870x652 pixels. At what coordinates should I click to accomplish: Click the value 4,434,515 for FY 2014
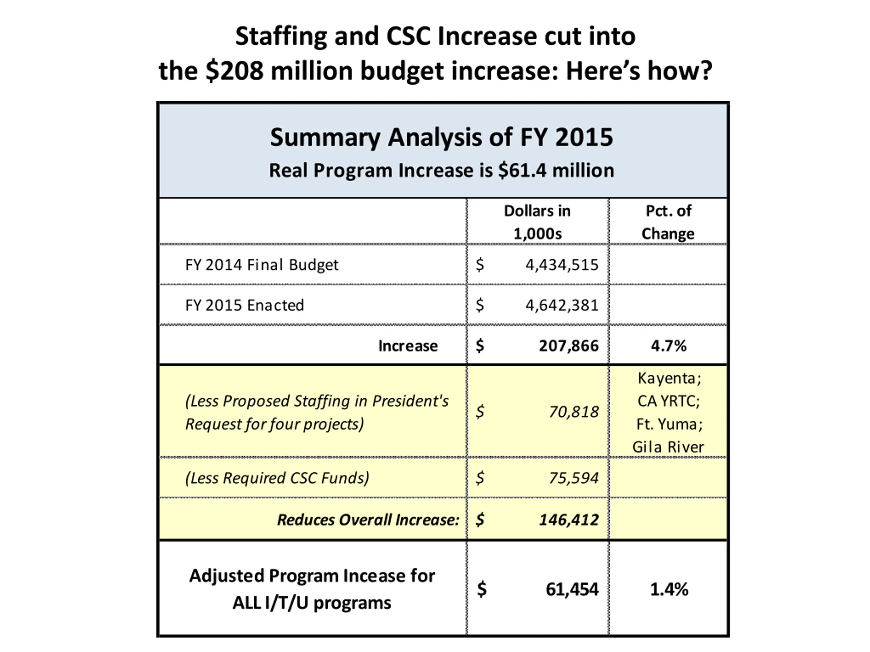pos(562,265)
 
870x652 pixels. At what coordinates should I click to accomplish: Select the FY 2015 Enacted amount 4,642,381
pos(562,305)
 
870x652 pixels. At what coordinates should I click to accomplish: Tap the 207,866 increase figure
pos(568,346)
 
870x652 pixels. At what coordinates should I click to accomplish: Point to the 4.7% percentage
pos(668,346)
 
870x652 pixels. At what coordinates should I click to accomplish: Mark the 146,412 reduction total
pos(568,520)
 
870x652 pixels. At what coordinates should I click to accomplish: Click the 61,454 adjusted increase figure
pos(572,589)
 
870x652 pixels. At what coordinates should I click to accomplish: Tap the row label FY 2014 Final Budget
pos(262,265)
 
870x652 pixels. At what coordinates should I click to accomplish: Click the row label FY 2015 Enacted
pos(244,305)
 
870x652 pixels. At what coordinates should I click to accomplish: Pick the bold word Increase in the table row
pos(408,346)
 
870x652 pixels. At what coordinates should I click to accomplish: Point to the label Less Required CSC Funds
pos(277,478)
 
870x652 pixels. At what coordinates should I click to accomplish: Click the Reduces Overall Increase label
pos(368,520)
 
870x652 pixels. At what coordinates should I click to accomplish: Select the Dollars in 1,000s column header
pos(537,222)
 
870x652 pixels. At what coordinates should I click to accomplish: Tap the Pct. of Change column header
pos(668,222)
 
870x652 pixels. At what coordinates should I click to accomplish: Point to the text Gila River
pos(668,447)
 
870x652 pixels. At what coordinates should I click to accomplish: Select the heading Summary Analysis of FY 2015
pos(441,138)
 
